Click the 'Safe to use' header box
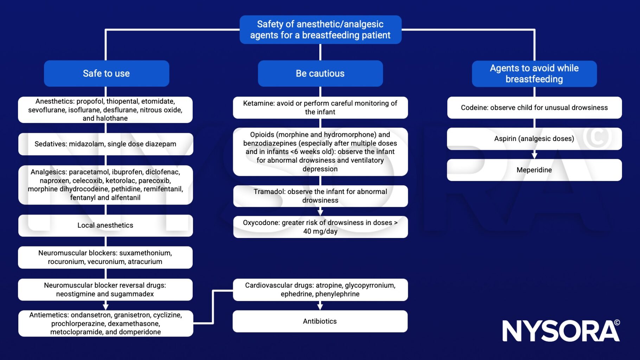(106, 73)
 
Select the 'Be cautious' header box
(320, 73)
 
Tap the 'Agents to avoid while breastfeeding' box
(534, 73)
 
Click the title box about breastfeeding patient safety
(320, 30)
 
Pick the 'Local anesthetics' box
(105, 225)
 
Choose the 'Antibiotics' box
(320, 321)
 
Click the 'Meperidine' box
(534, 170)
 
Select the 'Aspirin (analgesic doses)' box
(534, 139)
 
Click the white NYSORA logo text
(561, 330)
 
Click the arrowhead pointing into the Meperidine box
(534, 156)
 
